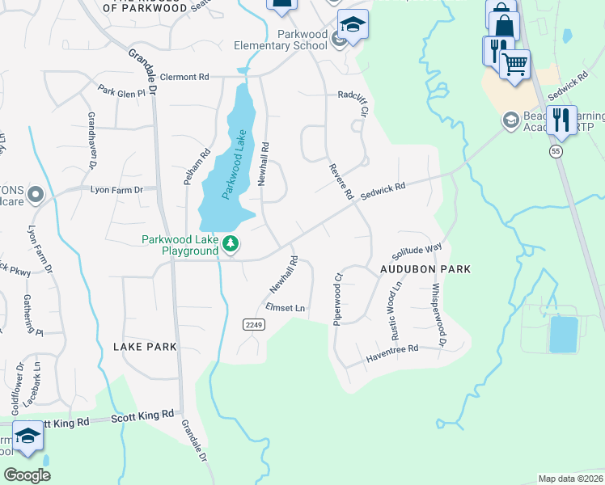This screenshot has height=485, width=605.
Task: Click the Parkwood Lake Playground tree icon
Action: click(x=231, y=244)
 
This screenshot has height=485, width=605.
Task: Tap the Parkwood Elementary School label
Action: click(x=302, y=40)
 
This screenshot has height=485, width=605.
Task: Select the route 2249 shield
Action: click(x=254, y=324)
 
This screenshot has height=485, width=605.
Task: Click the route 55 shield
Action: click(x=555, y=151)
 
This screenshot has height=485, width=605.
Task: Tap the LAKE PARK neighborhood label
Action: click(x=146, y=347)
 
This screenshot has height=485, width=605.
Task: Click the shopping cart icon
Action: click(x=514, y=64)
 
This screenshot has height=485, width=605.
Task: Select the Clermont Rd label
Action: click(x=184, y=77)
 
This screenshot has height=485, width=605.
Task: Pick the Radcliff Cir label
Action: click(x=353, y=95)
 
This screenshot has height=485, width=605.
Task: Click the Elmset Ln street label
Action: click(x=286, y=308)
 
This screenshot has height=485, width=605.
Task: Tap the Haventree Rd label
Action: click(x=391, y=349)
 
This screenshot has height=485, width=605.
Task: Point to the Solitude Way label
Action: click(x=417, y=250)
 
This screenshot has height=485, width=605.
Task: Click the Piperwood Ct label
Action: click(x=337, y=298)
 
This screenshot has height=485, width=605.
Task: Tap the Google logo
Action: click(x=27, y=474)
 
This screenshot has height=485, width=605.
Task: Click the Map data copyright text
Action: click(x=570, y=479)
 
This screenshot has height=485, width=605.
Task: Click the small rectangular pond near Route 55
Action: click(x=563, y=334)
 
